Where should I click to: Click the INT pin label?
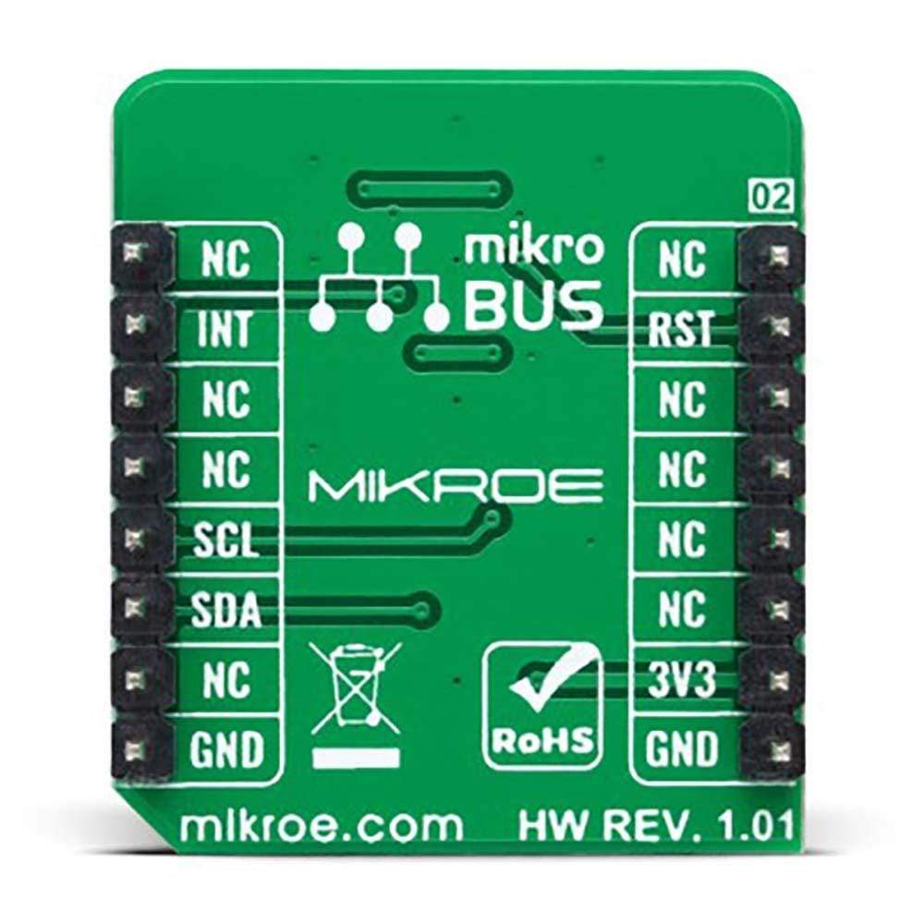coord(225,329)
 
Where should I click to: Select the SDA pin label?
coord(226,610)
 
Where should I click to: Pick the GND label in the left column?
coord(226,748)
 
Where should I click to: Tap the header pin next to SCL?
coord(139,537)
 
